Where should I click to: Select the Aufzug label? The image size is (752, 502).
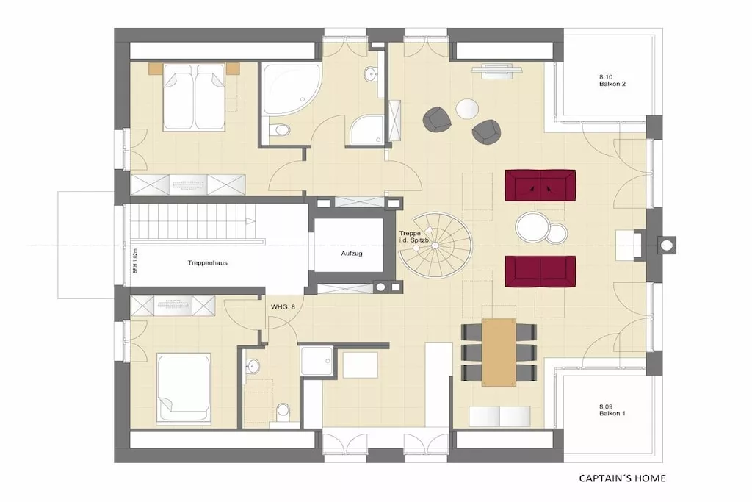pos(352,253)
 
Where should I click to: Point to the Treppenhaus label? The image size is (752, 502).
pos(207,263)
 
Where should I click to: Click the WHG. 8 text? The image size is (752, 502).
pos(283,307)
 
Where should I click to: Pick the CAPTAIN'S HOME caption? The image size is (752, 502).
pos(623,478)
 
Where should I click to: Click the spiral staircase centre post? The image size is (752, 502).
pos(435,245)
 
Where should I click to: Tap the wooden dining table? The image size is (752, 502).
pos(499,352)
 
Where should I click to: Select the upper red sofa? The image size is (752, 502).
pos(540,185)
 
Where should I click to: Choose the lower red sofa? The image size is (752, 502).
pos(540,272)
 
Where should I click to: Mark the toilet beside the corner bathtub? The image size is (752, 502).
pos(280,130)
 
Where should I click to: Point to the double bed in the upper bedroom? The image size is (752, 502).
pos(194,98)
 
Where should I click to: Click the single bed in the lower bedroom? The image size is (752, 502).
pos(184,389)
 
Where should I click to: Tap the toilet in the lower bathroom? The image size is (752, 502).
pos(284,412)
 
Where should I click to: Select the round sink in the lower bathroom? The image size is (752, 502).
pos(253,366)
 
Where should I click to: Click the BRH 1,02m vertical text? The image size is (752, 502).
pos(135,261)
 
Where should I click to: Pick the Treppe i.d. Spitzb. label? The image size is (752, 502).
pos(413,236)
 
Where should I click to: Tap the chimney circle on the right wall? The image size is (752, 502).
pos(666,245)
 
